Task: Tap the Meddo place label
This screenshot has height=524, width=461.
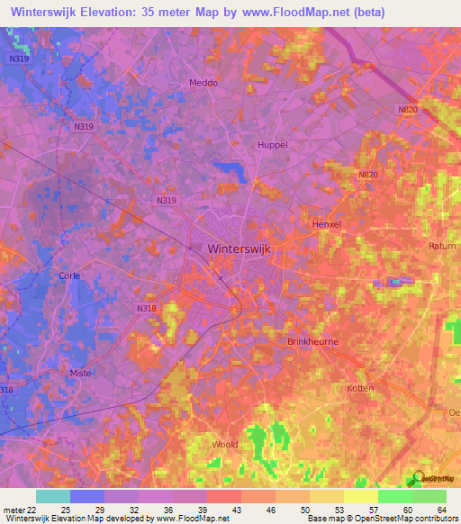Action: (203, 83)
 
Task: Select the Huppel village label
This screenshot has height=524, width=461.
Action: (273, 144)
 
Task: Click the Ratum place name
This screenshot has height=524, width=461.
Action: (442, 245)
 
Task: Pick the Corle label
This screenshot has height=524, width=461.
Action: (69, 276)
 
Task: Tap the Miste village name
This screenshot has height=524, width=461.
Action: (81, 372)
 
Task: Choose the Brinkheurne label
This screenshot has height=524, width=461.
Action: (312, 342)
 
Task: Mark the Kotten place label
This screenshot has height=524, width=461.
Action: (359, 388)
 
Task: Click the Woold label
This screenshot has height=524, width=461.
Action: (224, 445)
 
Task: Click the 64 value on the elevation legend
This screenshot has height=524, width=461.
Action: (441, 510)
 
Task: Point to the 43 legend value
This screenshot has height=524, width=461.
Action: (237, 510)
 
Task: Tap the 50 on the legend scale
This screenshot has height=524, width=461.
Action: (305, 510)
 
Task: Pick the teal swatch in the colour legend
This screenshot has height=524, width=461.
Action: (53, 496)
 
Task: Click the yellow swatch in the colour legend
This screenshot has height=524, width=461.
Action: (360, 496)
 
